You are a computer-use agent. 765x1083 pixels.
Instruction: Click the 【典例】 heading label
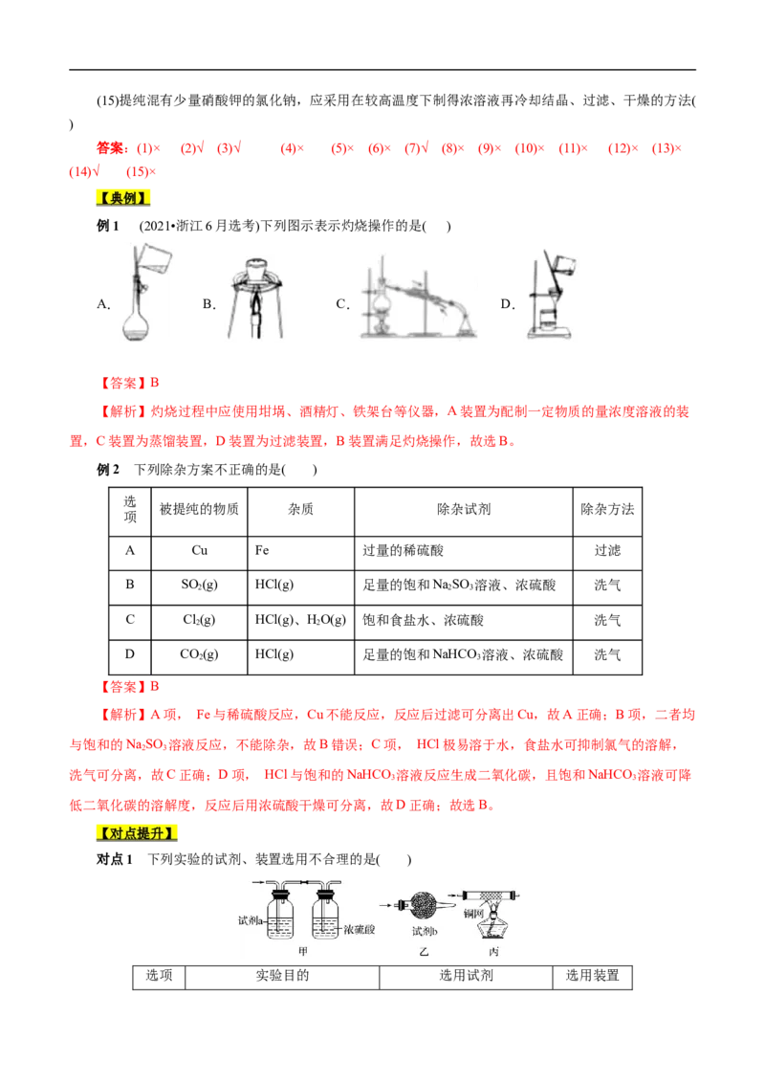(x=123, y=198)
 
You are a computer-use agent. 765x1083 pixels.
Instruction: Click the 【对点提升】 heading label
(x=138, y=832)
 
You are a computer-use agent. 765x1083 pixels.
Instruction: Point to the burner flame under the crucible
(x=255, y=304)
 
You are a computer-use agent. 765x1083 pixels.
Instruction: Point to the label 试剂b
(x=425, y=931)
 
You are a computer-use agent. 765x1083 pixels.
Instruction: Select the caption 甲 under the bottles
(x=303, y=951)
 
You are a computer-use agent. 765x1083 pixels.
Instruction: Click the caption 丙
(x=493, y=952)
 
